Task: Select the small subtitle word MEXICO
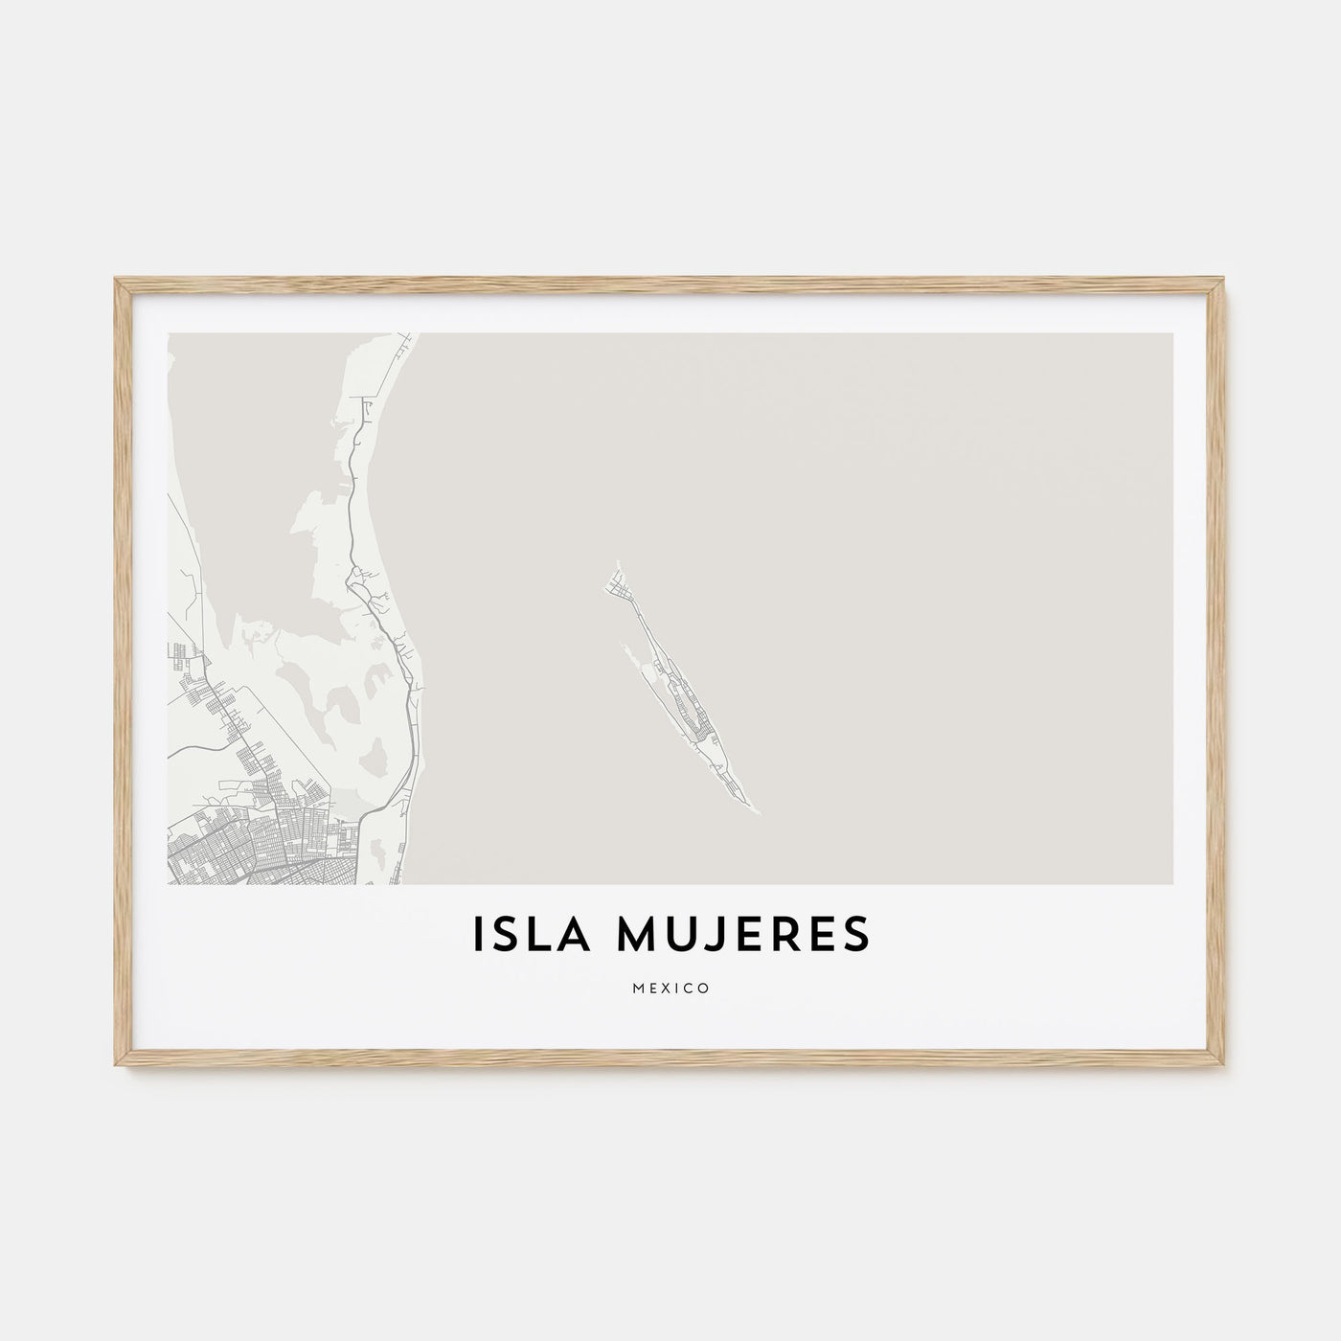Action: [x=670, y=988]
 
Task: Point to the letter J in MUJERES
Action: [x=704, y=936]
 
